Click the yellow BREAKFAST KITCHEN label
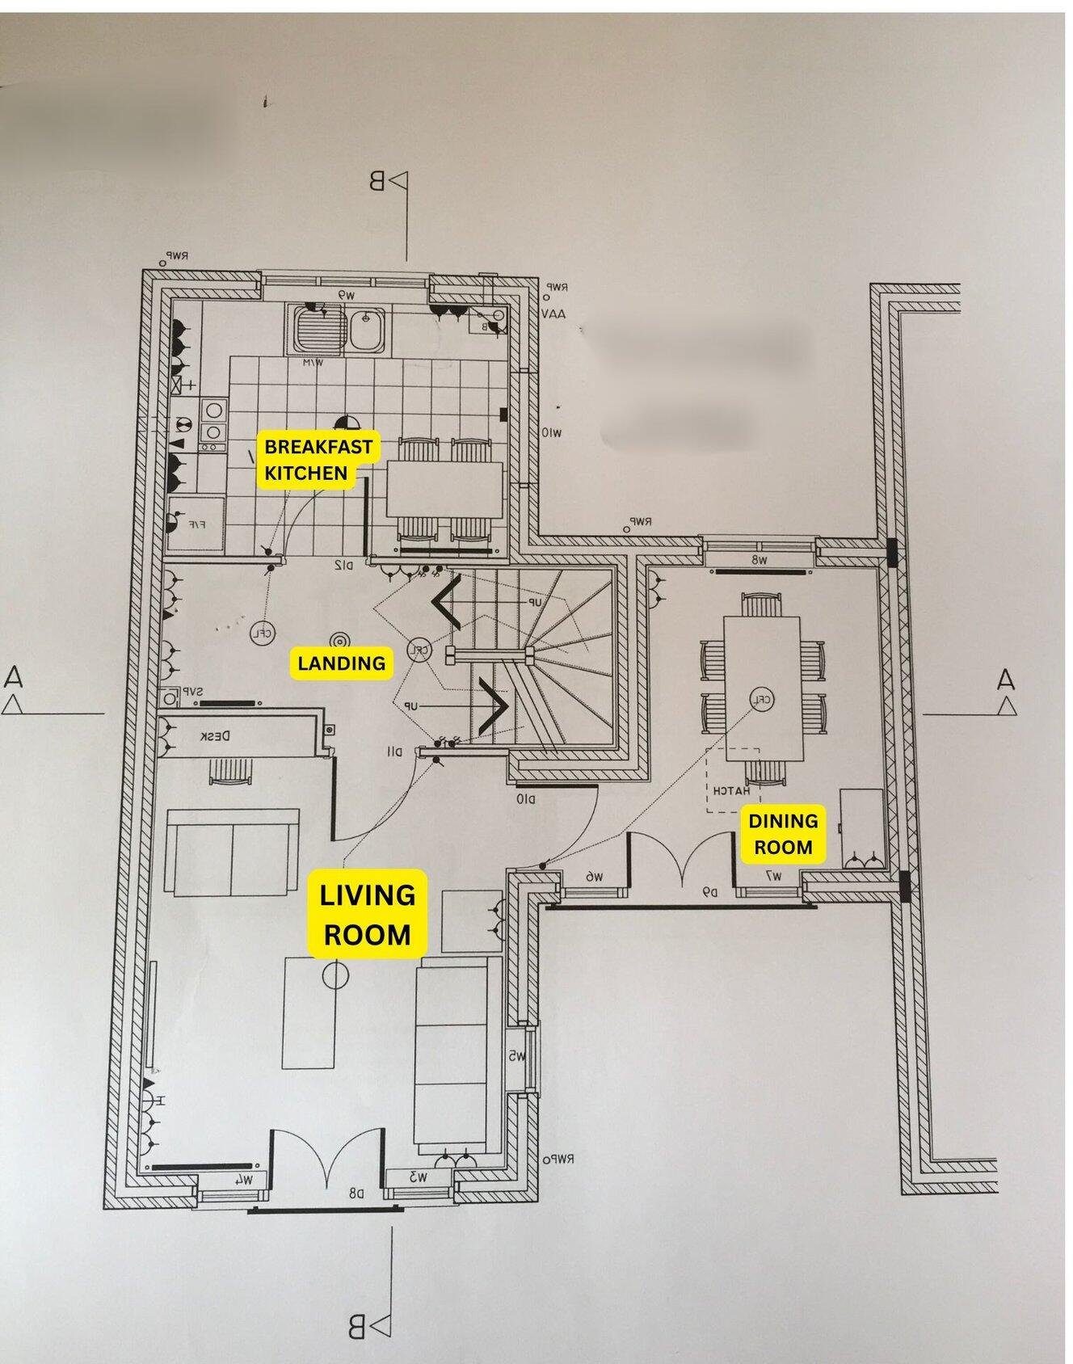318,459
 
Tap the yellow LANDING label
341,663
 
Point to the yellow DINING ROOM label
782,834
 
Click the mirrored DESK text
215,736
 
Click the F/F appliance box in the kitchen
196,525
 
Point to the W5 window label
517,1056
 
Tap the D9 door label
709,892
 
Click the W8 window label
760,559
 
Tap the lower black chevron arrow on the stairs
492,704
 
